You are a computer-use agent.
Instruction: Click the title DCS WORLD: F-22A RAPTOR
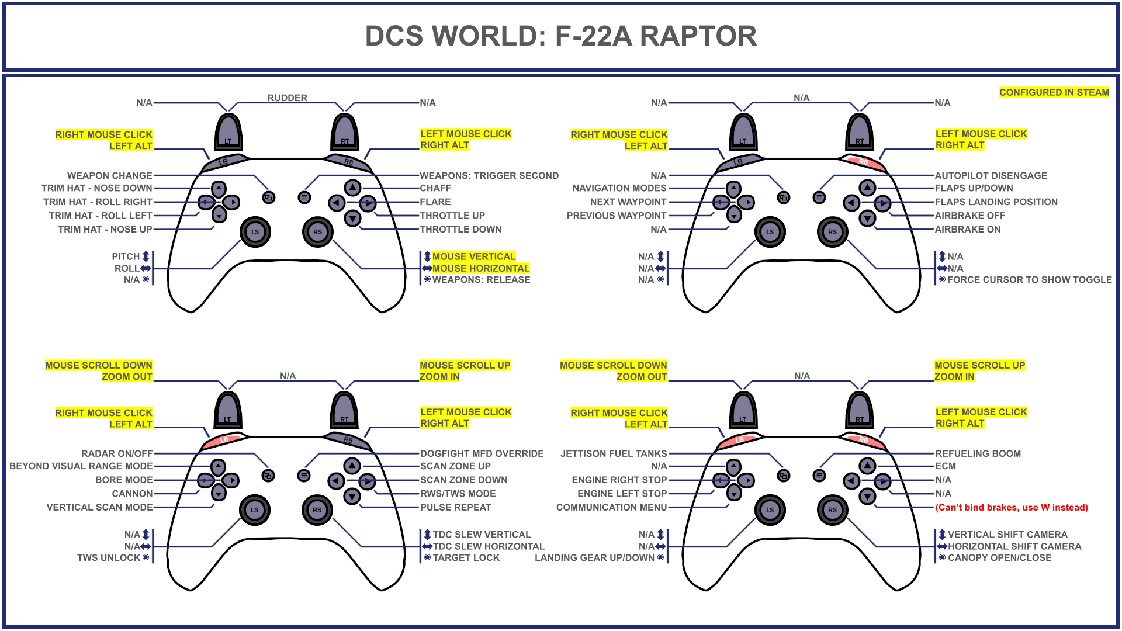[x=560, y=36]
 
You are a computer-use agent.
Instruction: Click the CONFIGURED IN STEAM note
[x=1054, y=92]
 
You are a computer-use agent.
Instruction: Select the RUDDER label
[x=287, y=98]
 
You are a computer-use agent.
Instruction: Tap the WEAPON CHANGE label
[x=109, y=176]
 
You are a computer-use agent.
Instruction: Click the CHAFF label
[x=435, y=188]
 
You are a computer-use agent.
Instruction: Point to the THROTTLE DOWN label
[x=460, y=230]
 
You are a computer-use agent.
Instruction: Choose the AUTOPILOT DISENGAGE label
[x=991, y=176]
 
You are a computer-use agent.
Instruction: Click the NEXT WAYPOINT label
[x=628, y=202]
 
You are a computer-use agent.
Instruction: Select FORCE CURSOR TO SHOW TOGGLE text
[x=1029, y=280]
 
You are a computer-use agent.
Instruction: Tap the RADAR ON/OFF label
[x=116, y=454]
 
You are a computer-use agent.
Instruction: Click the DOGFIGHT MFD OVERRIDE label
[x=482, y=454]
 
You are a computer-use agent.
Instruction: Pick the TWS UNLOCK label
[x=109, y=558]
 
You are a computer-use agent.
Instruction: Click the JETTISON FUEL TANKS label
[x=613, y=454]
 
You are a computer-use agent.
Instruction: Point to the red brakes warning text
[x=1012, y=508]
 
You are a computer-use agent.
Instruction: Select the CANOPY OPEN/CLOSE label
[x=999, y=558]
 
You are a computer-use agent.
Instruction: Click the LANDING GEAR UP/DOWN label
[x=594, y=558]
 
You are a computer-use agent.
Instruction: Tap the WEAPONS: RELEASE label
[x=481, y=280]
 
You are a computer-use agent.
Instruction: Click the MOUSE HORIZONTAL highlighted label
[x=480, y=268]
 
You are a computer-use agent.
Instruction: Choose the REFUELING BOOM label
[x=978, y=454]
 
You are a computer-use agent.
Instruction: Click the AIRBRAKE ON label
[x=967, y=230]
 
